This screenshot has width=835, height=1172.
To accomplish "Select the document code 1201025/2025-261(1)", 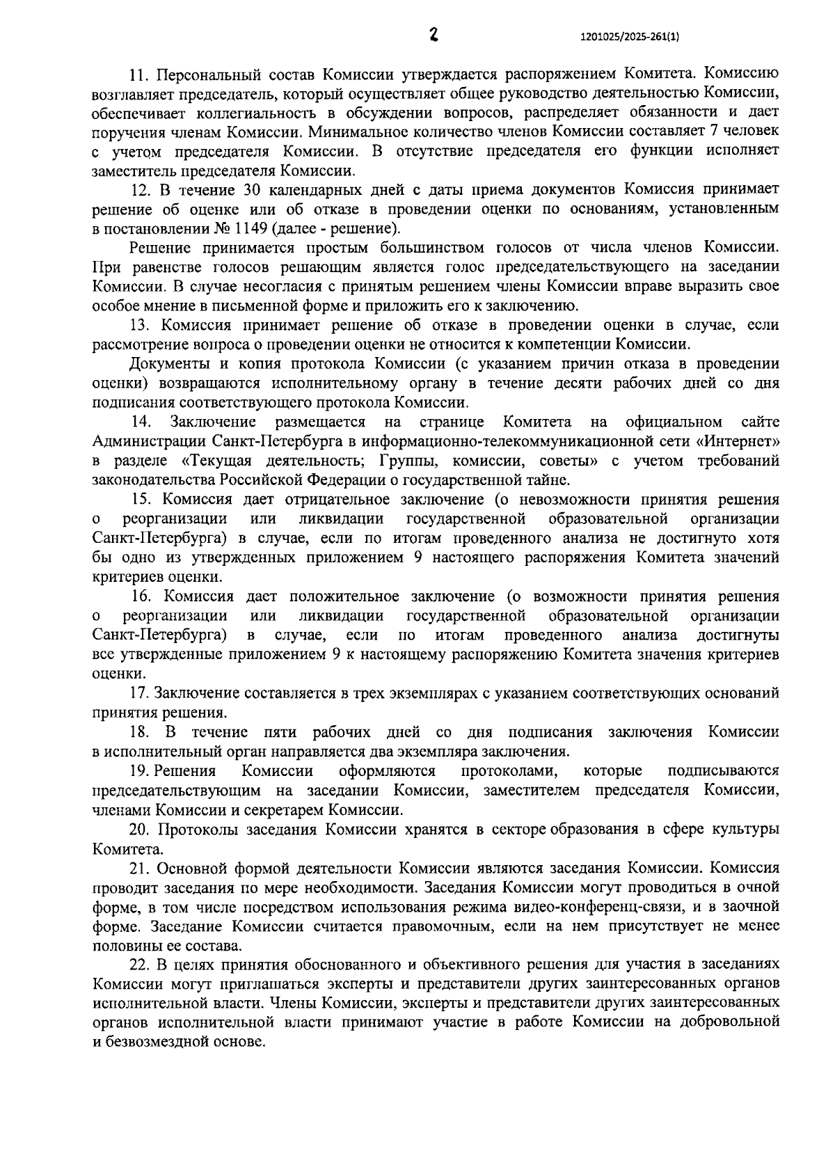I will pos(629,39).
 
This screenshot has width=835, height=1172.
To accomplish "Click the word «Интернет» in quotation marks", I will pos(741,441).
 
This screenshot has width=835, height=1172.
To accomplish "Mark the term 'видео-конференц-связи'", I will pos(605,907).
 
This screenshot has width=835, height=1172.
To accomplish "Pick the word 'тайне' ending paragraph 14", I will pos(550,480).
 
